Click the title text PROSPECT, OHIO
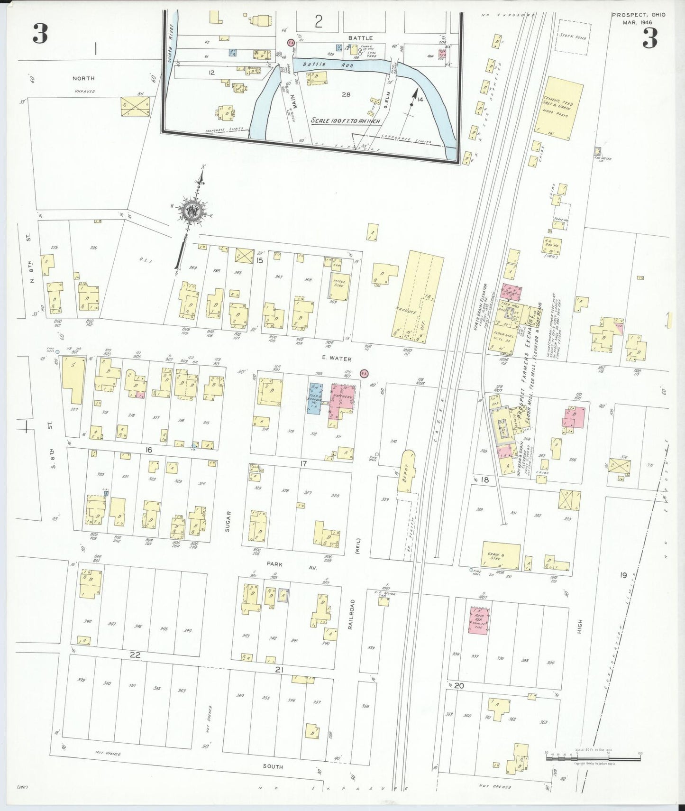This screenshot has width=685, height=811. coord(638,15)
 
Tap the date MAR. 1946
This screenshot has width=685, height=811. coord(638,22)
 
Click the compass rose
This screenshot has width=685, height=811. coord(192,210)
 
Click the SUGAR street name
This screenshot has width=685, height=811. coord(228,521)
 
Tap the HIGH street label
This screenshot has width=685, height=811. coord(579,626)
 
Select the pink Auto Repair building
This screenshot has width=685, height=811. coord(479,620)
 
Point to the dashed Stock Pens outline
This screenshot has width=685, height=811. coord(572,37)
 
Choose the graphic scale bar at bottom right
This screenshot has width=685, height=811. coord(593,758)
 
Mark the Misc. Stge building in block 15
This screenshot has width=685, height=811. coord(339,286)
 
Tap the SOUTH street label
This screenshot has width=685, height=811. coord(273,766)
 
